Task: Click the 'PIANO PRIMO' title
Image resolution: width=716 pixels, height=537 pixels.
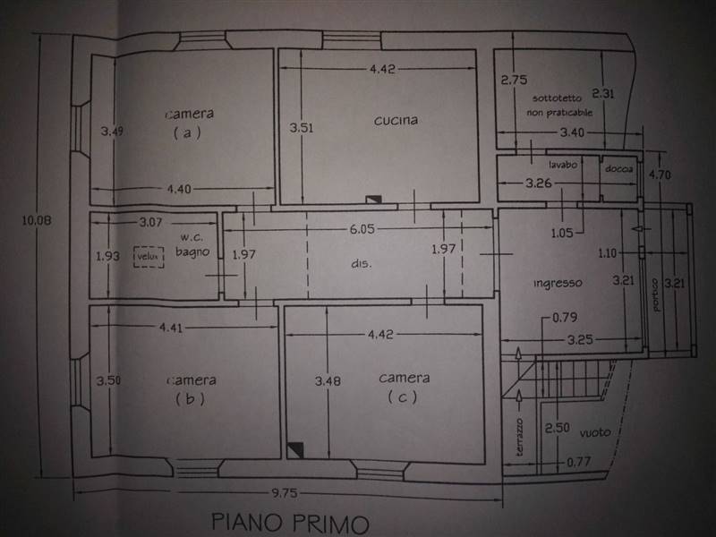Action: [x=290, y=523]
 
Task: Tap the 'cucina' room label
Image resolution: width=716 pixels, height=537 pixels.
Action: [x=396, y=120]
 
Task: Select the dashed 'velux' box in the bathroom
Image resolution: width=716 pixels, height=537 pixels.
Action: [x=149, y=257]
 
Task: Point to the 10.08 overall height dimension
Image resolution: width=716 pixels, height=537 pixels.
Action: [x=37, y=220]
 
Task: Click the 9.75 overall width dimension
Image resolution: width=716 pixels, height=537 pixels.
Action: [x=285, y=493]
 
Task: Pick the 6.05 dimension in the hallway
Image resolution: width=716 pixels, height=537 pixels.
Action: [x=362, y=229]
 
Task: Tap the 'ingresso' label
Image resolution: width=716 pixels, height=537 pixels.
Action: [x=558, y=283]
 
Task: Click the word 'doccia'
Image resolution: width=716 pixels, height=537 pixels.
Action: [x=618, y=169]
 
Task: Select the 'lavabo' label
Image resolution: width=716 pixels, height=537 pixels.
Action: [x=563, y=165]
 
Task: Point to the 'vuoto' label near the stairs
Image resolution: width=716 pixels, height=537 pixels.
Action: [x=595, y=432]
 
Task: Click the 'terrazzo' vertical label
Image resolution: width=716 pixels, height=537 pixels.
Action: [x=520, y=437]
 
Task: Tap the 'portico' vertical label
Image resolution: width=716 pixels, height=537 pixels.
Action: [x=656, y=295]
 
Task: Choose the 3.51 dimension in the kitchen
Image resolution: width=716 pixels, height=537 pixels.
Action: [x=302, y=127]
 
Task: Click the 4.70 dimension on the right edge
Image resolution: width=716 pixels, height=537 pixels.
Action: [x=660, y=175]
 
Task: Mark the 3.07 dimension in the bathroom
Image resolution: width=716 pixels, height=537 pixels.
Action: [x=150, y=222]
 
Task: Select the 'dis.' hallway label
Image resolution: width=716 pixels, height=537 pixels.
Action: [x=362, y=263]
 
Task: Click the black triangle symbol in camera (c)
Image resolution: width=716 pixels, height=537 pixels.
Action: [x=295, y=450]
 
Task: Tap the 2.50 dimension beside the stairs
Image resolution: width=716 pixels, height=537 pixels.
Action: [x=557, y=428]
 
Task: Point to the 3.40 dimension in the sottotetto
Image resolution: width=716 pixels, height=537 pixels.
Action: [x=572, y=132]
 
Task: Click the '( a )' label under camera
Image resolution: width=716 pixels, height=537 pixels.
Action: [x=187, y=132]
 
